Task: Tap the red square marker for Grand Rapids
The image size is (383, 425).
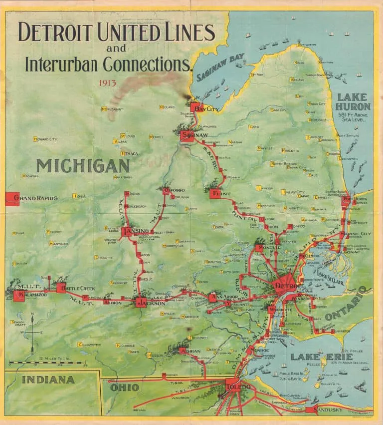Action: pyautogui.click(x=12, y=198)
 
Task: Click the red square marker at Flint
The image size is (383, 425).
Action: pyautogui.click(x=215, y=193)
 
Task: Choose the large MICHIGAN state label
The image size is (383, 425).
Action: pyautogui.click(x=83, y=166)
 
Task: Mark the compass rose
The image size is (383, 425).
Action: pyautogui.click(x=32, y=332)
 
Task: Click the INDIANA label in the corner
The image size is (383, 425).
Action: pyautogui.click(x=48, y=380)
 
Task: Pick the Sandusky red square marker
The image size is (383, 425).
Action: pyautogui.click(x=311, y=410)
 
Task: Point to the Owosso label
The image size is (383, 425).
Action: pyautogui.click(x=174, y=190)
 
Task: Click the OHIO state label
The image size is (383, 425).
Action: pyautogui.click(x=122, y=388)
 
